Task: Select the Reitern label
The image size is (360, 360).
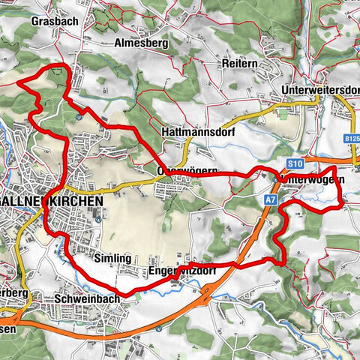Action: coord(239,65)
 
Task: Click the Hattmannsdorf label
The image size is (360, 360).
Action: coord(193,131)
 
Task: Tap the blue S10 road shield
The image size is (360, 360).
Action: coord(295,163)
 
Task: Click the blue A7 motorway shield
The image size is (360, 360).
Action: coord(269,199)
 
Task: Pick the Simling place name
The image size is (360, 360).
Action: coord(113,258)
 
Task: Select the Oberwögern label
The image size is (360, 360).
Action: coord(187,171)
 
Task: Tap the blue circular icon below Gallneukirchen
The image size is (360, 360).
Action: coord(97,219)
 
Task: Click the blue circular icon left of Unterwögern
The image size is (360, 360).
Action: coord(273,178)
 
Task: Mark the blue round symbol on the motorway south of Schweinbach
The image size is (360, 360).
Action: coord(158,328)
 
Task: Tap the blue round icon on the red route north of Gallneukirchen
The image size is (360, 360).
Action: coord(78,116)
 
